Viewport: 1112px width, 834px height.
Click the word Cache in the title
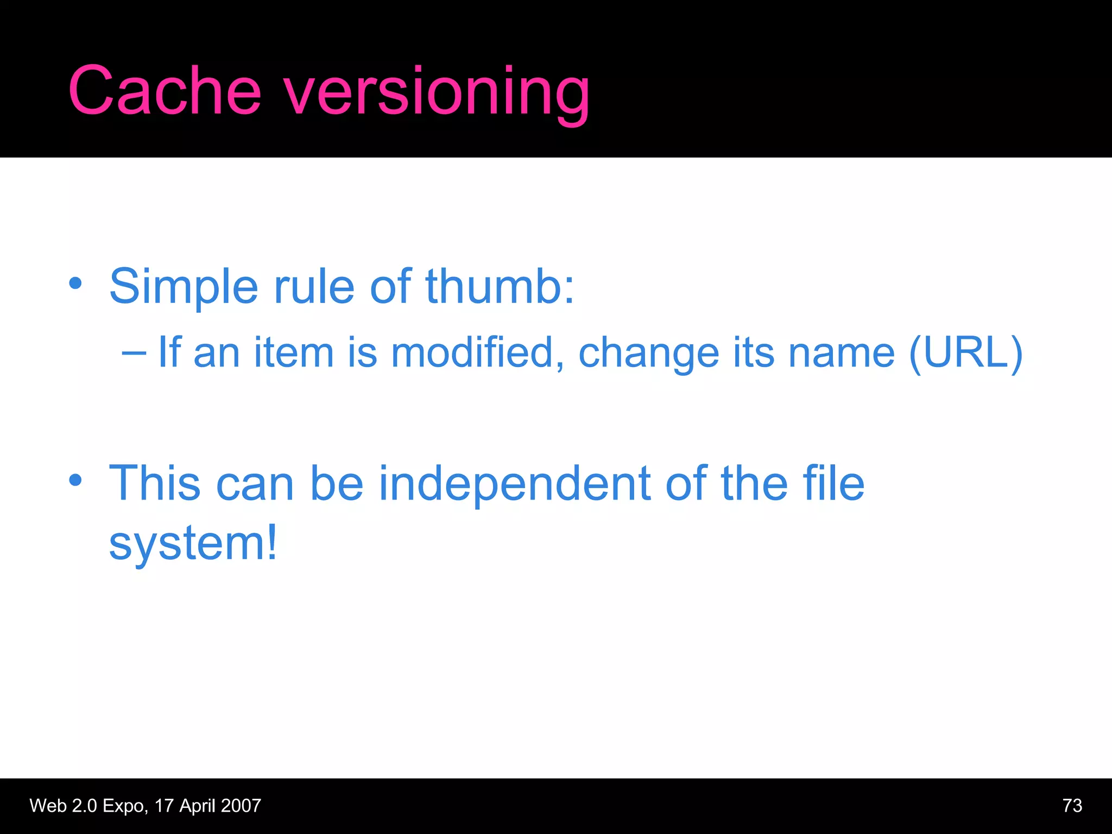(165, 91)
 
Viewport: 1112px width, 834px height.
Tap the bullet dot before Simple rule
(75, 283)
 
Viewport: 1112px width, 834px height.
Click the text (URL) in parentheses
(966, 353)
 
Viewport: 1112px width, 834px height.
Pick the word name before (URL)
(842, 353)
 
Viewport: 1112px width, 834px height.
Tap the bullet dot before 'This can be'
(75, 480)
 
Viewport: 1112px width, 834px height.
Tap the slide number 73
(1072, 806)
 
